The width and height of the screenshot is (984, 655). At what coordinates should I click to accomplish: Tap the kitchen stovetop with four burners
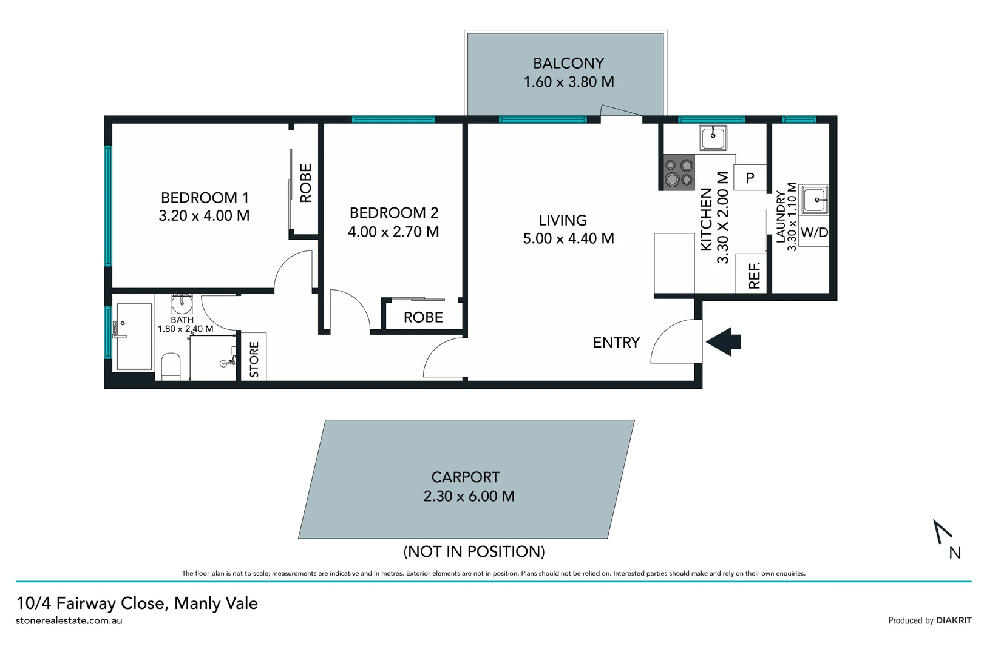coord(679,172)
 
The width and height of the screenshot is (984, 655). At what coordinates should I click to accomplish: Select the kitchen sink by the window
coord(713,138)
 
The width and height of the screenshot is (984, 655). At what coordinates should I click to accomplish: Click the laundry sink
coord(815,200)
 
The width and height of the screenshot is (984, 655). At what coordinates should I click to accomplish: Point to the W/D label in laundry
coord(814,233)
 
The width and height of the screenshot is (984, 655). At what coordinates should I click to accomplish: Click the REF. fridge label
coord(754,275)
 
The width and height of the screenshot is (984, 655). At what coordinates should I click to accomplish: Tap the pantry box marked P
coord(750,178)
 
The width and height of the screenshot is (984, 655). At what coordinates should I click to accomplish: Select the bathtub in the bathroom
coord(134,336)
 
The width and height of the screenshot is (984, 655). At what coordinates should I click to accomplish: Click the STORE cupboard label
coord(254,359)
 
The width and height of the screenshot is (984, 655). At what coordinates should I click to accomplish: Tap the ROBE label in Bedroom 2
coord(423,317)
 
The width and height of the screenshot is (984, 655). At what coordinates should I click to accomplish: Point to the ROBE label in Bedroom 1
coord(305,183)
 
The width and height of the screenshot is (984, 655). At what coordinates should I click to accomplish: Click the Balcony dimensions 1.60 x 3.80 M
coord(569,82)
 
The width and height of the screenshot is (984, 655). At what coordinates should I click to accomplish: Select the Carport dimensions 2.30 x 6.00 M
coord(469,496)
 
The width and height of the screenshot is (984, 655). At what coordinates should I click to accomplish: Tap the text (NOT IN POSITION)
coord(474,551)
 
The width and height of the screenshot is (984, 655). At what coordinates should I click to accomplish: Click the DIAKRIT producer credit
coord(953,620)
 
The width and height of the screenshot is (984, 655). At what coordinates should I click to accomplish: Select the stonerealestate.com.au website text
coord(69,620)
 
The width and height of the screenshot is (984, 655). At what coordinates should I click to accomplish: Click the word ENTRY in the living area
coord(616,343)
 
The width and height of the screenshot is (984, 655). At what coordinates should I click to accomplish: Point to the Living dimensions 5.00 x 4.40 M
coord(568,239)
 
